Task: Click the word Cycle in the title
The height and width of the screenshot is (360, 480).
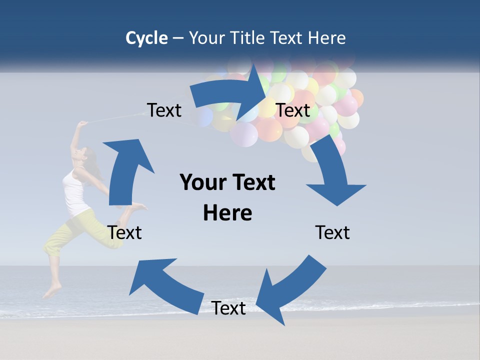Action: (146, 38)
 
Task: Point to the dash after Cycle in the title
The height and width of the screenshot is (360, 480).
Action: (178, 38)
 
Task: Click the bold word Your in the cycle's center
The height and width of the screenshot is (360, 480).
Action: (203, 182)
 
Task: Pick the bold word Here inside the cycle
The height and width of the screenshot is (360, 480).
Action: (227, 213)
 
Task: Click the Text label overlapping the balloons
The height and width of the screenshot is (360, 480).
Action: (293, 110)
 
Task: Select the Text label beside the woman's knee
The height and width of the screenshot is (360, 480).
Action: (125, 232)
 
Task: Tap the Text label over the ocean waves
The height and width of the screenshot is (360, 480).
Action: (228, 308)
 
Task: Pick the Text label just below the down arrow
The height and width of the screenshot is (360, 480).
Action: (332, 232)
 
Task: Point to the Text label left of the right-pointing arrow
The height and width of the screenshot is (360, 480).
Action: (164, 110)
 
